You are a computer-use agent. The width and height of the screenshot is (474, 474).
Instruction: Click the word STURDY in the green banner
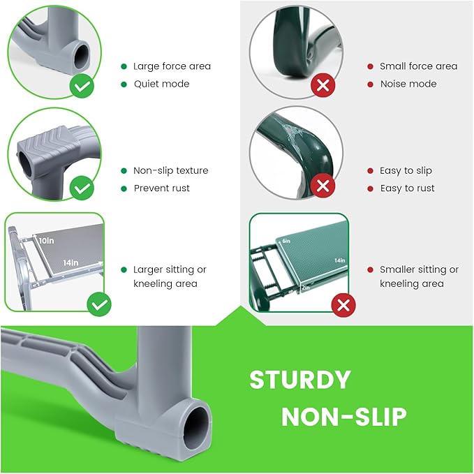pos(300,380)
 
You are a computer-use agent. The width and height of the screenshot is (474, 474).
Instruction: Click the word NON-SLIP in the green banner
pos(344,417)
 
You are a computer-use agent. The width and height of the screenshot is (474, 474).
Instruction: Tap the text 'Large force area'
pos(172,66)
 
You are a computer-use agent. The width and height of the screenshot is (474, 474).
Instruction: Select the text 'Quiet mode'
pos(162,84)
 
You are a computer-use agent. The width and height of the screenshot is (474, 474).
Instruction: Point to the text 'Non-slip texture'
pos(171,170)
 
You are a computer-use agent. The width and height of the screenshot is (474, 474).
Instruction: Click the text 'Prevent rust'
pos(162,188)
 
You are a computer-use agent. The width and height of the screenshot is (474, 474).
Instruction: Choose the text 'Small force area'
pos(419,66)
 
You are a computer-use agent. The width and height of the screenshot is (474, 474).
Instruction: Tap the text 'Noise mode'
pos(408,84)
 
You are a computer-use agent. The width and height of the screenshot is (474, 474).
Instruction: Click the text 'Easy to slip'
pos(406,171)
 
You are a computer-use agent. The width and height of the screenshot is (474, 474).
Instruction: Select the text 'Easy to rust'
pos(407,188)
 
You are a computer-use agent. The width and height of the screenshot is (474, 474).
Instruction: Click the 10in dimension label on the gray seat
pos(47,241)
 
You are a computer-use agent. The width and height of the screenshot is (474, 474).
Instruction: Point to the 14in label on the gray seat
pos(71,262)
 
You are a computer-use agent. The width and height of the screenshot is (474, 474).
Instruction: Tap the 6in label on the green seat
pos(286,241)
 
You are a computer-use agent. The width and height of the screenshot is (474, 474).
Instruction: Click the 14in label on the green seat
pos(339,260)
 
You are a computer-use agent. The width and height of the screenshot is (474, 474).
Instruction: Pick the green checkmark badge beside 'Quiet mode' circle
pos(82,86)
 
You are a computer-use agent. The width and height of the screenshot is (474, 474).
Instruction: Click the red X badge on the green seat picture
pos(343,305)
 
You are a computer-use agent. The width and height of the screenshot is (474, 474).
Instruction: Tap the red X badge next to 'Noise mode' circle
pos(323,85)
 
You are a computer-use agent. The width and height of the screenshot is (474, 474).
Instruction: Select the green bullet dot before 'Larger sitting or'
pos(124,269)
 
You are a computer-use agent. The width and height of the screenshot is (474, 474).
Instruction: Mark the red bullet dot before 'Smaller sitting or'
pos(370,269)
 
